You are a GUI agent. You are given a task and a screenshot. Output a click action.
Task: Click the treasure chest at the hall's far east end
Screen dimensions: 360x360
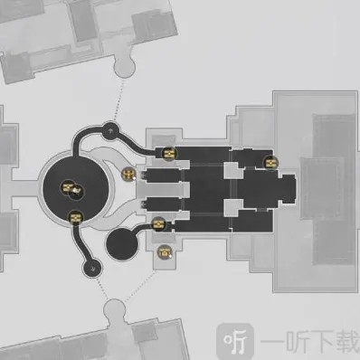[x=269, y=163]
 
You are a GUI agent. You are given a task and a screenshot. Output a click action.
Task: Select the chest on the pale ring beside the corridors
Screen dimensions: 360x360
[x=129, y=173]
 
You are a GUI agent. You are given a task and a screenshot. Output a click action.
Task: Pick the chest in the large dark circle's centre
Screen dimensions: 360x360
[x=67, y=188]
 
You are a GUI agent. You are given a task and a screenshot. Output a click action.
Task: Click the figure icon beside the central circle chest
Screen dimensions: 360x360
[x=79, y=190]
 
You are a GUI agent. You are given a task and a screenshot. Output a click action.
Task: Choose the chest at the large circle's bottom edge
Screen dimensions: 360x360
[x=76, y=217]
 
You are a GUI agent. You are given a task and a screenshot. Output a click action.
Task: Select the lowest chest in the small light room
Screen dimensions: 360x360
[x=164, y=251]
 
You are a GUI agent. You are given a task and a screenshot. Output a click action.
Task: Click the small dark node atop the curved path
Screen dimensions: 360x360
[x=109, y=130]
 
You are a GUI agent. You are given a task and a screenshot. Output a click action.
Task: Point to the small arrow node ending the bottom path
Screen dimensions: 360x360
[x=91, y=267]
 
